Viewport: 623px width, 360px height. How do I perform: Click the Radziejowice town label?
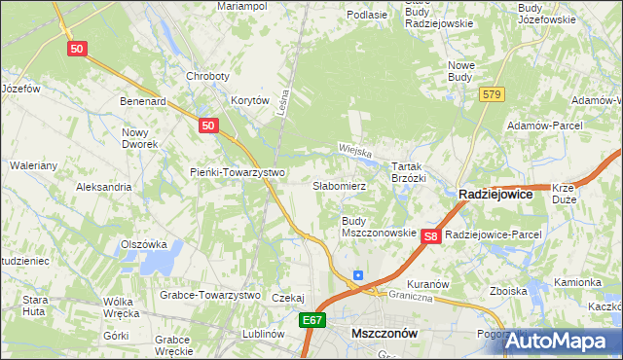(495, 195)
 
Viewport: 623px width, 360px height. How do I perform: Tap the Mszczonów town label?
(384, 333)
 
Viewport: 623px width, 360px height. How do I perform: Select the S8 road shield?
(432, 236)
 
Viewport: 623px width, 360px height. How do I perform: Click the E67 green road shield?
(311, 320)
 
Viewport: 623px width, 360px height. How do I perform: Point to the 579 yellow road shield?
(491, 94)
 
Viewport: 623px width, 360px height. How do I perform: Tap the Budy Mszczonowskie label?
(379, 227)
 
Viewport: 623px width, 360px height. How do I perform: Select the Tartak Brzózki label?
(409, 172)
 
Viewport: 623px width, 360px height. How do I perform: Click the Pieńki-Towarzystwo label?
(237, 172)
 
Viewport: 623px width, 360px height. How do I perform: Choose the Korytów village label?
(249, 100)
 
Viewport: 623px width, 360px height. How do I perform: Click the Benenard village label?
(143, 100)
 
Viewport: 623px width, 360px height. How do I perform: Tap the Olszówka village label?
(144, 244)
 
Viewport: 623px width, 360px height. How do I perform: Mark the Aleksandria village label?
(103, 186)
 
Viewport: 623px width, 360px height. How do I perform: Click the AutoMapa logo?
(563, 341)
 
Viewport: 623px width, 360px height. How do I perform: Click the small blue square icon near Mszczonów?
(358, 275)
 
